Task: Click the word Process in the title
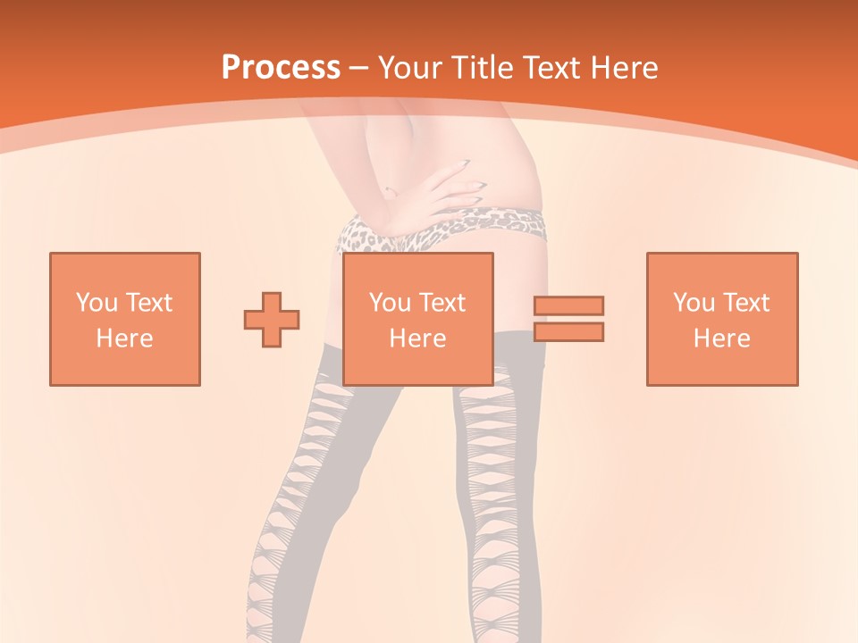(x=281, y=67)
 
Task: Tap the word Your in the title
(x=408, y=68)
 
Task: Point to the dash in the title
(x=359, y=68)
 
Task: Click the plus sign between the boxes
(x=272, y=319)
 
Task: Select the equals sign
(x=568, y=319)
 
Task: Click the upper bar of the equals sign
(x=568, y=305)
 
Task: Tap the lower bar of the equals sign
(x=568, y=332)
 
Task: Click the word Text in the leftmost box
(x=149, y=303)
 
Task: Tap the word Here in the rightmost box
(x=722, y=338)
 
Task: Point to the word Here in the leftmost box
(x=125, y=338)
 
